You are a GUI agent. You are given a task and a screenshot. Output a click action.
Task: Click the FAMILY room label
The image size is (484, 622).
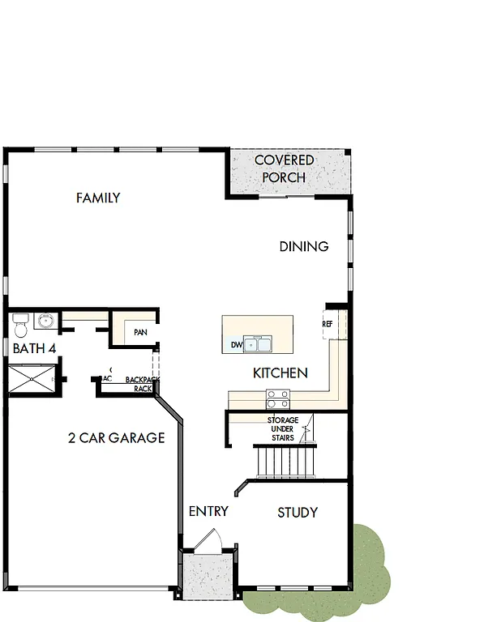(x=98, y=198)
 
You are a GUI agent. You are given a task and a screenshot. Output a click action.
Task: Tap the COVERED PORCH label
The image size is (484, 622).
(x=284, y=168)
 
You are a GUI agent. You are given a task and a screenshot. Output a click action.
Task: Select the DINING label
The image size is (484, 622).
(x=304, y=246)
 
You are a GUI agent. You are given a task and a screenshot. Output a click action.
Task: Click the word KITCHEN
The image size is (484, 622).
(x=281, y=373)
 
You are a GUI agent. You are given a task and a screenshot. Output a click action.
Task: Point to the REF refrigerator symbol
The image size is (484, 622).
(x=328, y=324)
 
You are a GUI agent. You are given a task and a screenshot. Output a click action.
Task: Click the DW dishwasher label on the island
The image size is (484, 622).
(x=236, y=345)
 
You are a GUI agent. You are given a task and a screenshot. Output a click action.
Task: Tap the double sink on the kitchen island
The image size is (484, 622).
(x=259, y=345)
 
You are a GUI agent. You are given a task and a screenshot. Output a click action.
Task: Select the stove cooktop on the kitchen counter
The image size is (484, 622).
(x=278, y=398)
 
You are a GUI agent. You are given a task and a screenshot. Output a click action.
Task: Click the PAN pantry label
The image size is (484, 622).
(x=140, y=332)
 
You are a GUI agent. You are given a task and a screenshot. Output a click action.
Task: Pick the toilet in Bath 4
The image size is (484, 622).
(x=21, y=326)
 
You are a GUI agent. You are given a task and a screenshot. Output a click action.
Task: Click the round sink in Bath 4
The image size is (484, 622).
(x=45, y=322)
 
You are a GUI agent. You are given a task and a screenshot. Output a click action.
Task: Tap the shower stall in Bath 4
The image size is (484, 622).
(x=32, y=378)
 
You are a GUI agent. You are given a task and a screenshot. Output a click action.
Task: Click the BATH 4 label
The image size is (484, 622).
(x=33, y=349)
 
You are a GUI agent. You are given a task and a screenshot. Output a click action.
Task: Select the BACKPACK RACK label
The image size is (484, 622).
(x=143, y=384)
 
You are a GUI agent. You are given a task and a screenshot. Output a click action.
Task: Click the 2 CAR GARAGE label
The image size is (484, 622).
(x=116, y=438)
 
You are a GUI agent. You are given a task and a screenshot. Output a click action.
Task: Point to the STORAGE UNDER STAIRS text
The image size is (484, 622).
(x=282, y=428)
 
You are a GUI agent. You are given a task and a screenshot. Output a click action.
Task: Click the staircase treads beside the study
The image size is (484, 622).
(x=285, y=462)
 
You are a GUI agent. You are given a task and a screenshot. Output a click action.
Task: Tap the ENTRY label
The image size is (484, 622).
(x=208, y=512)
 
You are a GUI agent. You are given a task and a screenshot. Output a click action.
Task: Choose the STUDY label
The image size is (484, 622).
(x=298, y=513)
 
